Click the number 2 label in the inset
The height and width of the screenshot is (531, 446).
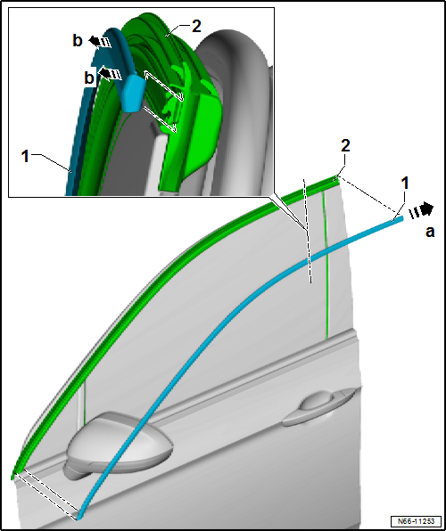[196, 26]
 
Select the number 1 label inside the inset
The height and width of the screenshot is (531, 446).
[25, 157]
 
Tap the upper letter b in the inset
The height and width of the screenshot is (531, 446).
[78, 41]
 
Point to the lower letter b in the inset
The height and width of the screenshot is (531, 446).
[89, 78]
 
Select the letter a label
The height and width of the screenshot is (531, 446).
[430, 233]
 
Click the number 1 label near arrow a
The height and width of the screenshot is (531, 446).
[405, 184]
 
